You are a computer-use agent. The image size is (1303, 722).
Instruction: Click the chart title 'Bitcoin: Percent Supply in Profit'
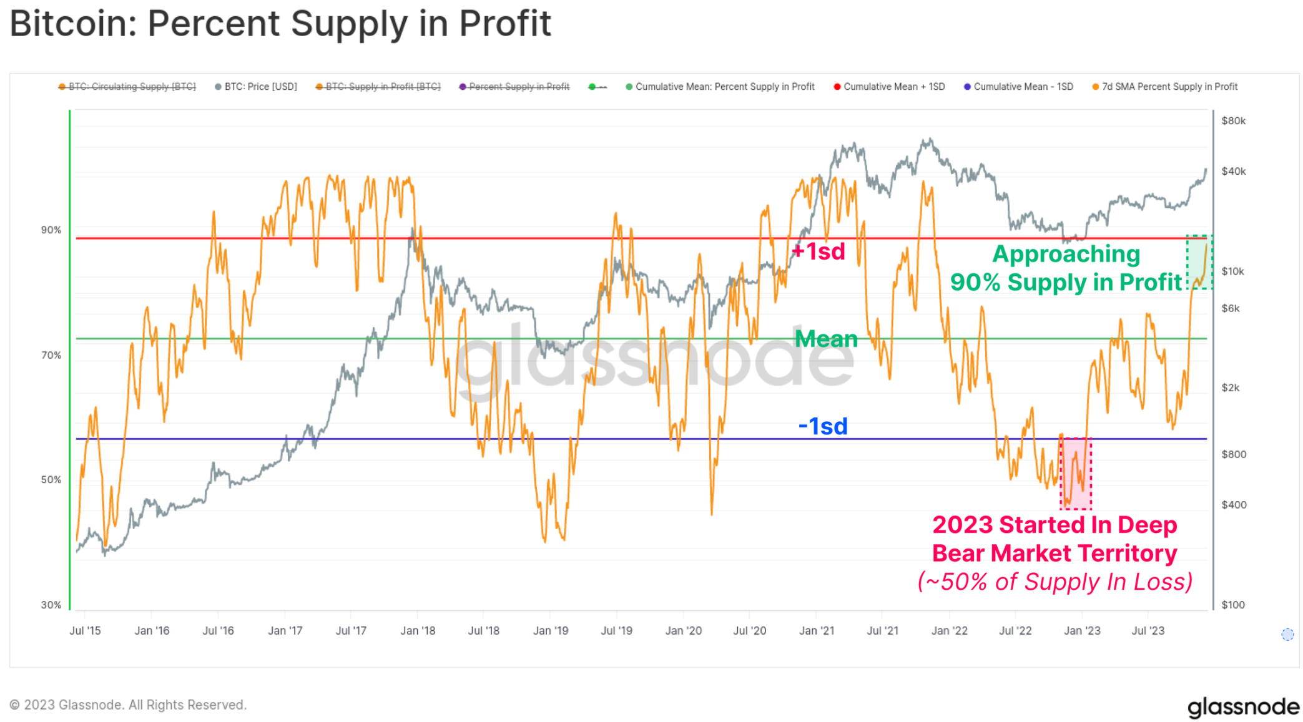280,24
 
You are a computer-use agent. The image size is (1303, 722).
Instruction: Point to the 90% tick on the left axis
51,230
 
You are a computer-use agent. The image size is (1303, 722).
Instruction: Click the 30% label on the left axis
51,605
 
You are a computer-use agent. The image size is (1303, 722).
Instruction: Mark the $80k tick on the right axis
1233,121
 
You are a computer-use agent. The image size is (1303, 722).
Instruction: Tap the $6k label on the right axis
1231,308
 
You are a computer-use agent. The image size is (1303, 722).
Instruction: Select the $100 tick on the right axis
1233,605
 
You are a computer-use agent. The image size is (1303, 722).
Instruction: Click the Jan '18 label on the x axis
418,630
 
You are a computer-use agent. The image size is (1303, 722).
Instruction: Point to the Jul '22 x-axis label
1015,630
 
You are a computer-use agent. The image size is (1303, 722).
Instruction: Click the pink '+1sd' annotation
818,251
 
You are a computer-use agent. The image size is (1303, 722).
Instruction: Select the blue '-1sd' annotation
823,426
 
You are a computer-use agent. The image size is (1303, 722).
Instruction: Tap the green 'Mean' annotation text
826,339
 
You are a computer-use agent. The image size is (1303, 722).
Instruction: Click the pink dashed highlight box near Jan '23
1076,473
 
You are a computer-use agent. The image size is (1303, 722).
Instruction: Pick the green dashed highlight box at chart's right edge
1199,262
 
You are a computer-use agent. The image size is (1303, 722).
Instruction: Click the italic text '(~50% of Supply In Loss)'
1055,582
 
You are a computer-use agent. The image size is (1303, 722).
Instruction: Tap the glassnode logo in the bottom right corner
1242,706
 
